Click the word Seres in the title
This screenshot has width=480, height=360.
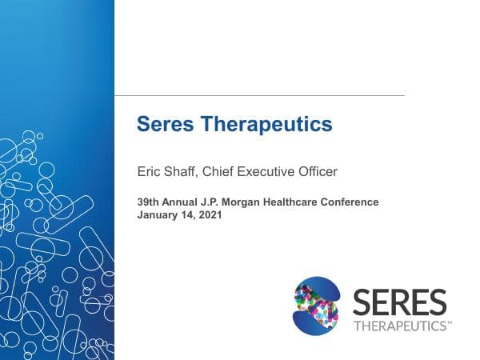[x=164, y=125]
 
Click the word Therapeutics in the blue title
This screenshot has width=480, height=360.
[x=264, y=125]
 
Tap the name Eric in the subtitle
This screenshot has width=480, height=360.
[x=149, y=171]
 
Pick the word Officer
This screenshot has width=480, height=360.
[x=318, y=171]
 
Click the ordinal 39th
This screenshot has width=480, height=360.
[x=149, y=202]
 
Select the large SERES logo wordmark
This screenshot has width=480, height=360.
[x=399, y=302]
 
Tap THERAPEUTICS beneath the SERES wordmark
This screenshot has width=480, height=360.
[x=399, y=326]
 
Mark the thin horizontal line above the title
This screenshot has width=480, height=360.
[x=259, y=96]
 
